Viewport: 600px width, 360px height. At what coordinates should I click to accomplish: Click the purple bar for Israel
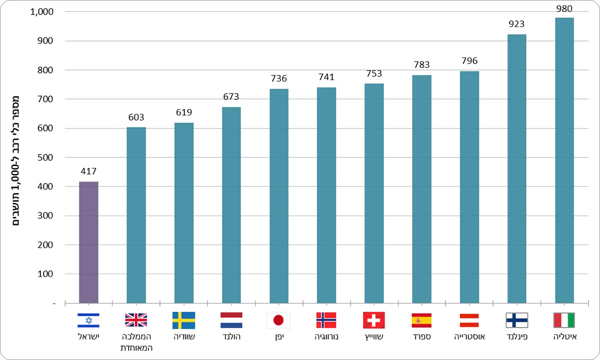coord(88,242)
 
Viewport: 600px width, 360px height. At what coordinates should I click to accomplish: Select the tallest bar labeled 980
coord(564,160)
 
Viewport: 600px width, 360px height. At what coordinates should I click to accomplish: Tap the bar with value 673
coord(231,205)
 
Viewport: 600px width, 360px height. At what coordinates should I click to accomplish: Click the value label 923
coord(517,24)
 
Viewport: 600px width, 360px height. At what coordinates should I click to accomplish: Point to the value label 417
coord(88,171)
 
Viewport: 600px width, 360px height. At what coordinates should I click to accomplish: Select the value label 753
coord(374,73)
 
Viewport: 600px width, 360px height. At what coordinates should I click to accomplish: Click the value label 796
coord(469,61)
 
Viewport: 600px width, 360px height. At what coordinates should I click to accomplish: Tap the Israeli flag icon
coord(88,320)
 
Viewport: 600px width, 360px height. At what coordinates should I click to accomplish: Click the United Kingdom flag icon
coord(136,320)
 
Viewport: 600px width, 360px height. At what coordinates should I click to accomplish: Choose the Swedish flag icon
coord(183,320)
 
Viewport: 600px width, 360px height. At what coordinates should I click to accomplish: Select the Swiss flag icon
coord(374,320)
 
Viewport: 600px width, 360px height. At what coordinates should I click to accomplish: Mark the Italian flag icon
coord(564,320)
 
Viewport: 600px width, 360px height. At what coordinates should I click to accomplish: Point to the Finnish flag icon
coord(517,320)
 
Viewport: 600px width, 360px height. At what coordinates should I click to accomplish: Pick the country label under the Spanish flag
coord(421,337)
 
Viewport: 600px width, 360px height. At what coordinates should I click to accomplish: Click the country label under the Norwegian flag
coord(326,337)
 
